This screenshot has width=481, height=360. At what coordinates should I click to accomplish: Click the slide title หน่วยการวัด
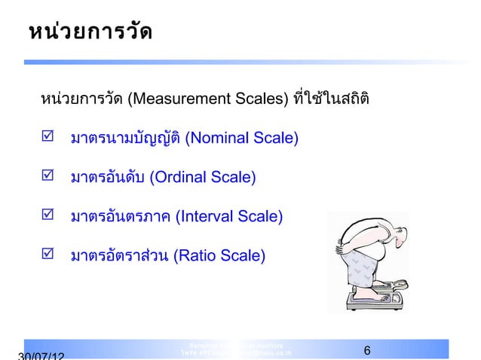(90, 34)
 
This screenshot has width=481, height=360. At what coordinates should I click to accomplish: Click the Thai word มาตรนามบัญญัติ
(125, 139)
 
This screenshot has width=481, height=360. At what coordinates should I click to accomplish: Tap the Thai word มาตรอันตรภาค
(120, 217)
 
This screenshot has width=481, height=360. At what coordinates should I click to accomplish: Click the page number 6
(366, 350)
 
